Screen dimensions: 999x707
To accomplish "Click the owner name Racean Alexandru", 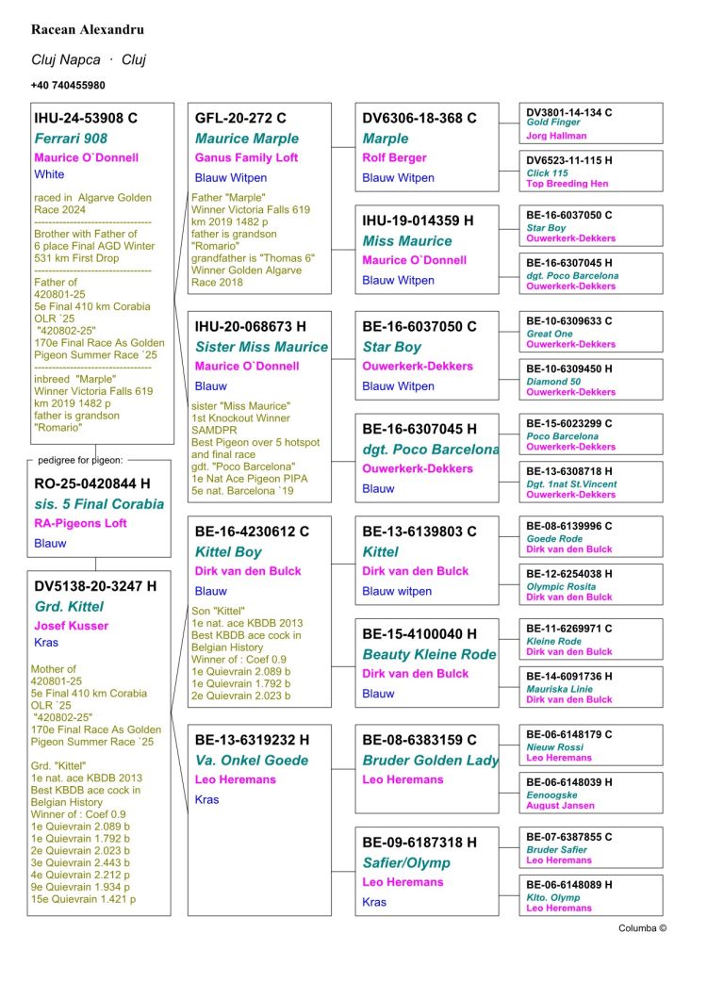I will coord(87,30).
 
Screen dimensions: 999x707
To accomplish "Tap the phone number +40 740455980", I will coord(68,85).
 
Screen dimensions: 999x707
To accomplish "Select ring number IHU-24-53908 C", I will coord(86,119).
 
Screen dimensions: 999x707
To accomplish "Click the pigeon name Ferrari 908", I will coord(71,139).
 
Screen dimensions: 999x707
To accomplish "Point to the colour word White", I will coord(49,174).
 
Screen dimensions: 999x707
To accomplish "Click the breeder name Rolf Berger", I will coord(394,157).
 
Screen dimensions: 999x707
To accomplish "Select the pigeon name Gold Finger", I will coord(553,123).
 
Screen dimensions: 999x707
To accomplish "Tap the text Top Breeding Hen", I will coord(567,184).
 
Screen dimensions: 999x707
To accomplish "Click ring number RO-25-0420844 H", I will coord(91,484).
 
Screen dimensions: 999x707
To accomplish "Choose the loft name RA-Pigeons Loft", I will coord(80,523).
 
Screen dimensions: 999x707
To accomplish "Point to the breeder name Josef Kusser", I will coord(71,625).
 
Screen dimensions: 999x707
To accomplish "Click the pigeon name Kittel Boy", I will coord(228,551).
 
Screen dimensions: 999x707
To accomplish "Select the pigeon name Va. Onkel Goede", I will coord(252,760).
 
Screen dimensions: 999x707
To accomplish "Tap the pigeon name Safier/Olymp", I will coord(406,862).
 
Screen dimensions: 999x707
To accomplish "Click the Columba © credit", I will coord(642,928).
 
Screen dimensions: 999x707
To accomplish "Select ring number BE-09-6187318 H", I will coord(419,843).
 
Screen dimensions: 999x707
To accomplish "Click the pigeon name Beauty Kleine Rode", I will coord(429,654).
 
